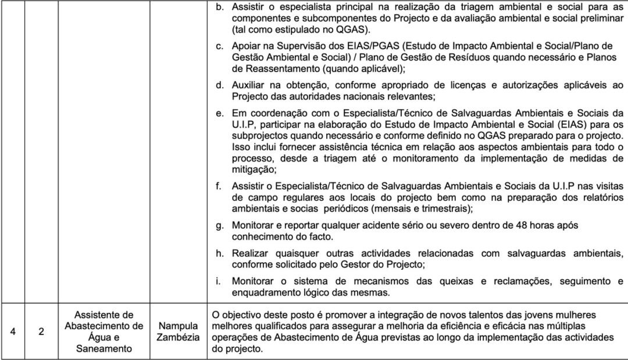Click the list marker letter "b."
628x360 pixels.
point(220,8)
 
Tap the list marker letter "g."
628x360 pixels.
point(220,225)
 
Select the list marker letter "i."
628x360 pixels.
point(218,281)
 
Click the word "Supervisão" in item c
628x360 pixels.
point(298,46)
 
